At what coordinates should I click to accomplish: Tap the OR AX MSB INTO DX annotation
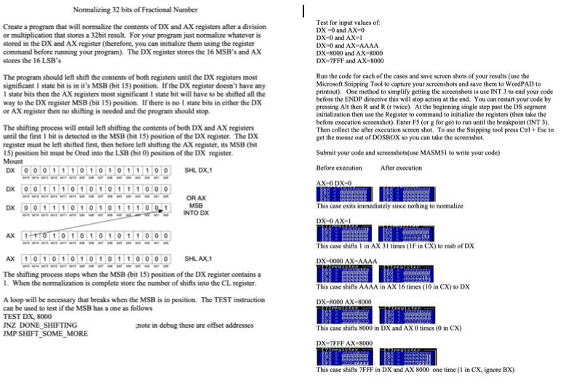[196, 206]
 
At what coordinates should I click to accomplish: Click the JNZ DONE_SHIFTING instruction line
[41, 325]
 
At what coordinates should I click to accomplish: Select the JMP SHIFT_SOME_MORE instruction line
[45, 334]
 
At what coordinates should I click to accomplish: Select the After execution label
[401, 168]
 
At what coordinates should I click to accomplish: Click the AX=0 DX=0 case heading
[334, 182]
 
